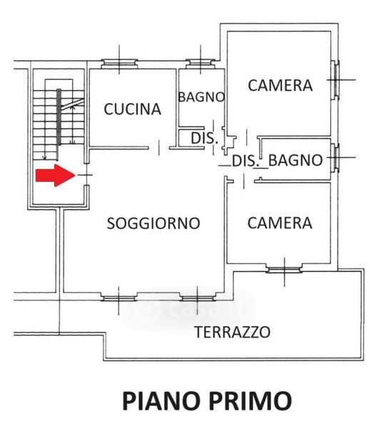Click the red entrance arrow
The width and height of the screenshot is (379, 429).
click(x=56, y=175)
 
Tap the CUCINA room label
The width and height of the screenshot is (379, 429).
click(x=133, y=109)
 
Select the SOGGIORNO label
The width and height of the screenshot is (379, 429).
click(x=153, y=223)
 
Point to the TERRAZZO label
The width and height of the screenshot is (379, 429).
click(x=232, y=332)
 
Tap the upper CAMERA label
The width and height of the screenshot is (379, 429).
click(x=281, y=85)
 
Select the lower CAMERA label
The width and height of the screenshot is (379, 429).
click(x=280, y=222)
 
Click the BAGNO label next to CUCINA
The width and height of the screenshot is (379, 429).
click(x=201, y=97)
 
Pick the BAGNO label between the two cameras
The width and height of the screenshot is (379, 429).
click(x=295, y=160)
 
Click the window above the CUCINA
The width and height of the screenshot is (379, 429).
click(x=119, y=64)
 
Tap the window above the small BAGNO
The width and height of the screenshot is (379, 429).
click(x=201, y=64)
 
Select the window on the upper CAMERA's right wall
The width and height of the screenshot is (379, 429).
click(x=335, y=80)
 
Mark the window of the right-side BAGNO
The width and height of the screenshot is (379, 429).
click(x=335, y=157)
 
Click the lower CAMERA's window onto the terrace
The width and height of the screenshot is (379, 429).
click(x=284, y=269)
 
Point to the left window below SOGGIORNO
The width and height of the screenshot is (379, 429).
click(x=118, y=297)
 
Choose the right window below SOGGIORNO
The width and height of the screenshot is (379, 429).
click(x=198, y=297)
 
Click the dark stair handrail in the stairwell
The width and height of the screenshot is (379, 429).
click(x=59, y=117)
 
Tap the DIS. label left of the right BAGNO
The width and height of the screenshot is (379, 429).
click(x=246, y=161)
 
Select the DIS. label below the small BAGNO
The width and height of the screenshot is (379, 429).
click(x=205, y=138)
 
